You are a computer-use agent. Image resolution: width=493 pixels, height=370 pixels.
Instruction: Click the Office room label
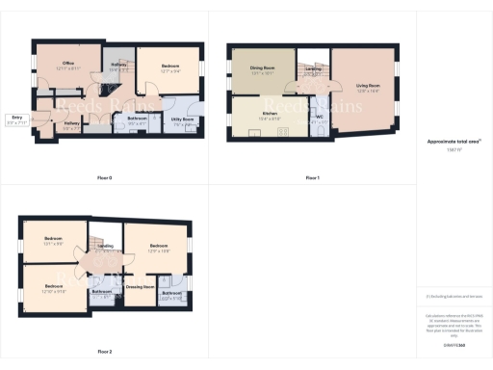click(68, 66)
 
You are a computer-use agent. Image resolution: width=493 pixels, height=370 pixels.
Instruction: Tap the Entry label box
click(16, 120)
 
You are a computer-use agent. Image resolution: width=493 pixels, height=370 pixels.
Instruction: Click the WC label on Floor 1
click(319, 118)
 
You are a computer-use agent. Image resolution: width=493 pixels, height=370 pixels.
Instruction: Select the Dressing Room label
click(141, 287)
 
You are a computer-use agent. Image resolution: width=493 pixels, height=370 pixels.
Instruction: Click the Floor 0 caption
click(105, 178)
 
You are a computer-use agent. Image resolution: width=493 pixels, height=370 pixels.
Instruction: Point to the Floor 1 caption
click(312, 178)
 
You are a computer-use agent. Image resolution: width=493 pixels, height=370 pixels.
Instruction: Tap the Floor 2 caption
click(105, 352)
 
